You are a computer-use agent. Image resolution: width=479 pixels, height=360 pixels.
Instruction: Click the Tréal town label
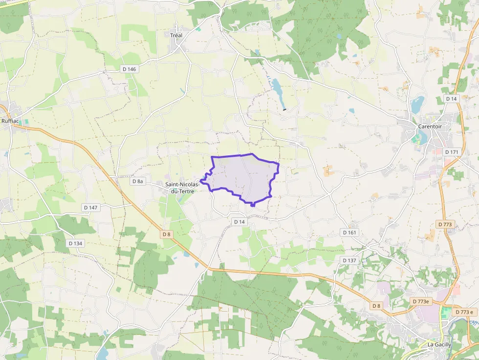pyautogui.click(x=176, y=35)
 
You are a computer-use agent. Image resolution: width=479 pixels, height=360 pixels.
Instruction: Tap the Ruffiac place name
pyautogui.click(x=10, y=121)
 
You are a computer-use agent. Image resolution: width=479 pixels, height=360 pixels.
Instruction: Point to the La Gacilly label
pyautogui.click(x=439, y=344)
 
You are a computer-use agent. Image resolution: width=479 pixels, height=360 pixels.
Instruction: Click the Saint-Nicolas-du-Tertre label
pyautogui.click(x=182, y=188)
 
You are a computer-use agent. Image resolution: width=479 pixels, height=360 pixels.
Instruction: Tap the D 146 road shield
pyautogui.click(x=130, y=69)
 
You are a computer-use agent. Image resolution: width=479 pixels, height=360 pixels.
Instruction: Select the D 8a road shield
pyautogui.click(x=138, y=181)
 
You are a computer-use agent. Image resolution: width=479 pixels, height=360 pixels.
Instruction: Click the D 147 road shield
pyautogui.click(x=90, y=208)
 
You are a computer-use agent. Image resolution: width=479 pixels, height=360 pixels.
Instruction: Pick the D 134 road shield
pyautogui.click(x=76, y=243)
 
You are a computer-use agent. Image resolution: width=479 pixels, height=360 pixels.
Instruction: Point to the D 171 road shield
pyautogui.click(x=452, y=152)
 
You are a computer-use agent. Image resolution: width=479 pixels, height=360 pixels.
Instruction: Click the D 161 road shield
pyautogui.click(x=349, y=233)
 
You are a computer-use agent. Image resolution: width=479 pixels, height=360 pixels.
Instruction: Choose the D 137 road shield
pyautogui.click(x=349, y=260)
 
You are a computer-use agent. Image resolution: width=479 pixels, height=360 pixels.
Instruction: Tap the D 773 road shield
pyautogui.click(x=445, y=224)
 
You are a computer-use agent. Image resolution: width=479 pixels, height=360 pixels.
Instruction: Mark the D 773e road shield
pyautogui.click(x=420, y=301)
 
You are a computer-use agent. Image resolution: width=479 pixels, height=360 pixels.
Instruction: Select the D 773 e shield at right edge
pyautogui.click(x=464, y=312)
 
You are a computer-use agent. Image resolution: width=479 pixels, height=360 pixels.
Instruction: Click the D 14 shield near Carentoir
pyautogui.click(x=451, y=99)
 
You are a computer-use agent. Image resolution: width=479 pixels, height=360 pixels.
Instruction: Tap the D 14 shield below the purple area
pyautogui.click(x=239, y=222)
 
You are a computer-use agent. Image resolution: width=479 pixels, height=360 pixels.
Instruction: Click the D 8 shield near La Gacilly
pyautogui.click(x=376, y=306)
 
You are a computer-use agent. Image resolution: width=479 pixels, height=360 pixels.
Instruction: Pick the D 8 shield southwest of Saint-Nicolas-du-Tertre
pyautogui.click(x=166, y=234)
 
